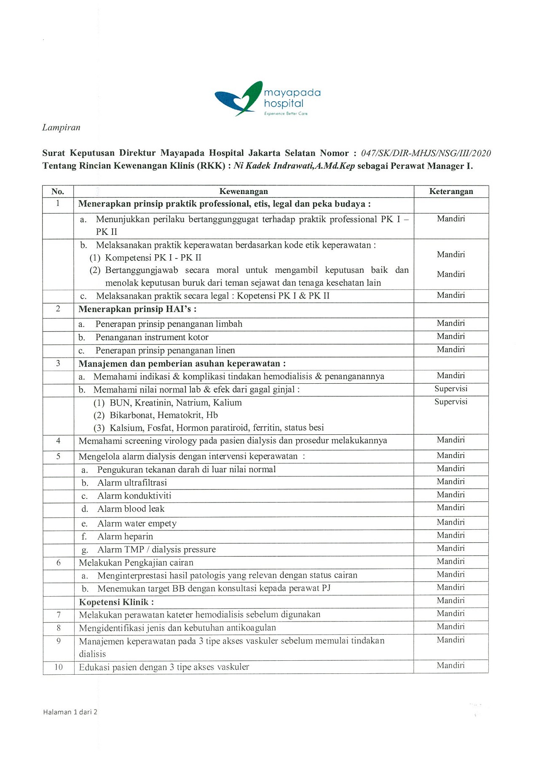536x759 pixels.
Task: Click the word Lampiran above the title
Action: tap(61, 128)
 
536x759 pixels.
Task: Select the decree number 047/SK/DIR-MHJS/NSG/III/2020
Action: tap(426, 153)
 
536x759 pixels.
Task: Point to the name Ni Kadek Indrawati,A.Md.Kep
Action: tap(294, 166)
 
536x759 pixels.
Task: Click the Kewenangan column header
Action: tap(244, 191)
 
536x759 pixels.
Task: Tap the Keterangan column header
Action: tap(451, 191)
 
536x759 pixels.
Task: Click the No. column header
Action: tap(58, 191)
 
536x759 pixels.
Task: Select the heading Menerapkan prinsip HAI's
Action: tap(137, 309)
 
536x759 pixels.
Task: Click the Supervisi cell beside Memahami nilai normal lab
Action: tap(451, 389)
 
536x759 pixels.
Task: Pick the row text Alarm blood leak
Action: tap(131, 509)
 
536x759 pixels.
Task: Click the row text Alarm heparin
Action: tap(125, 536)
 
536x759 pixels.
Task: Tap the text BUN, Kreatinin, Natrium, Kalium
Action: tap(175, 403)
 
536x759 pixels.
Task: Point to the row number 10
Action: tap(58, 667)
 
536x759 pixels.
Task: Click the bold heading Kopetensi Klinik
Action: tap(116, 602)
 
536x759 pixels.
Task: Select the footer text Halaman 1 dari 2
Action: tap(70, 712)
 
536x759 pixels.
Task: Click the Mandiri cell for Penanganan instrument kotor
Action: tap(451, 336)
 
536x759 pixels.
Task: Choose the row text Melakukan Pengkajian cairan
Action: tap(136, 563)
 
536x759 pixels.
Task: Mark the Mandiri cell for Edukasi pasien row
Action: tap(450, 665)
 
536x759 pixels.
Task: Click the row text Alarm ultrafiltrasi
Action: tap(132, 483)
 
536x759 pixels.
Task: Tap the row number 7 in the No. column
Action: tap(58, 615)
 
